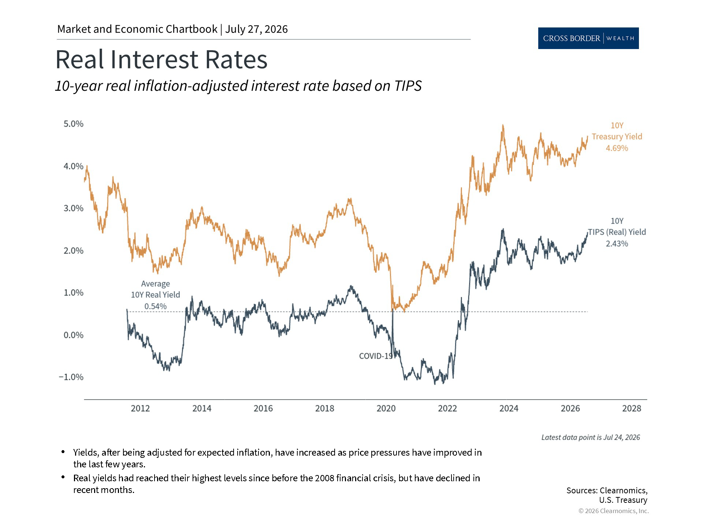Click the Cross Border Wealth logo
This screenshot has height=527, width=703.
(x=588, y=38)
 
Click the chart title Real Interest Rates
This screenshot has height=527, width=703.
(x=161, y=59)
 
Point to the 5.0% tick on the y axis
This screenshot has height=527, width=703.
(x=74, y=124)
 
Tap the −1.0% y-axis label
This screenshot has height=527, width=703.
(x=71, y=377)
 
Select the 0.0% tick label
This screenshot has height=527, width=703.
(x=74, y=335)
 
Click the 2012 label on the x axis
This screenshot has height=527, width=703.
(x=140, y=408)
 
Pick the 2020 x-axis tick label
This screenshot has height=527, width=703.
(x=386, y=408)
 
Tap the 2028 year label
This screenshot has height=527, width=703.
(x=632, y=408)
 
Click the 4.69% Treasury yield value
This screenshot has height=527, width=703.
(x=617, y=148)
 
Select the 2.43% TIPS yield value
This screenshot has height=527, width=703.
(x=617, y=244)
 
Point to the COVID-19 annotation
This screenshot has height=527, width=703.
(x=376, y=356)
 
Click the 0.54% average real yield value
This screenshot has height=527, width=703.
(x=155, y=306)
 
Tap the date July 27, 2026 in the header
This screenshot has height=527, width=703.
(x=256, y=29)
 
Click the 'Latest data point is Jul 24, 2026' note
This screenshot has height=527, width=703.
(x=591, y=437)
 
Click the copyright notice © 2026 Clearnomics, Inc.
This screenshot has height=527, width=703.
(x=614, y=511)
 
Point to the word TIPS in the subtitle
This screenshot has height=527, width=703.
(x=408, y=86)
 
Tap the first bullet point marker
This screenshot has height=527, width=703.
(x=63, y=452)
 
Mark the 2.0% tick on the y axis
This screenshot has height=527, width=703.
(x=74, y=251)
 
